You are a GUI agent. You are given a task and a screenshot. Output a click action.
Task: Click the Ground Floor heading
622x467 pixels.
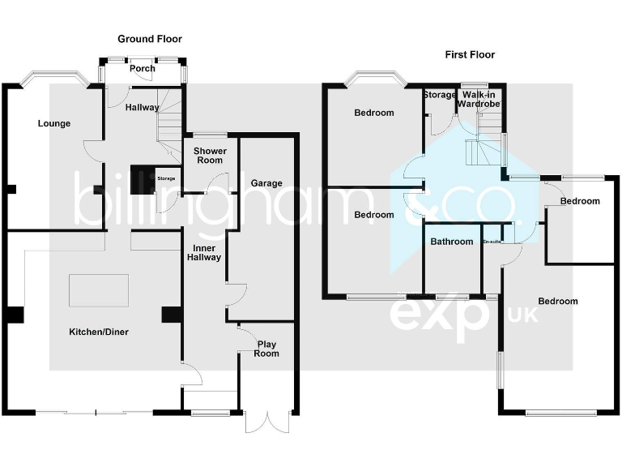pyautogui.click(x=150, y=39)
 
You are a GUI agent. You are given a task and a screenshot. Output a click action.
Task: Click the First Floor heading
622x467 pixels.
pyautogui.click(x=470, y=55)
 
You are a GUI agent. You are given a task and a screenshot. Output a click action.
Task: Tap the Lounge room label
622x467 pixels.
pyautogui.click(x=54, y=124)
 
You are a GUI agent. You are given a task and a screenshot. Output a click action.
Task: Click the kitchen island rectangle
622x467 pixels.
pyautogui.click(x=98, y=290)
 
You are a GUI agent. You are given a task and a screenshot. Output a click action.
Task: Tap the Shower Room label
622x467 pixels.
pyautogui.click(x=210, y=156)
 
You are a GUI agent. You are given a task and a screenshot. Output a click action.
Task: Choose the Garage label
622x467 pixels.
pyautogui.click(x=266, y=183)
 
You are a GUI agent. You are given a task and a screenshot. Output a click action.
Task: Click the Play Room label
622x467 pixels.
pyautogui.click(x=266, y=349)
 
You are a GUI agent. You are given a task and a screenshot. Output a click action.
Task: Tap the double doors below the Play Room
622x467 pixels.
pyautogui.click(x=266, y=422)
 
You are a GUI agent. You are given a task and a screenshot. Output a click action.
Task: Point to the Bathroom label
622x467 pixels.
pyautogui.click(x=451, y=242)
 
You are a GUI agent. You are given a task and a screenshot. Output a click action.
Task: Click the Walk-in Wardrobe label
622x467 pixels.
pyautogui.click(x=481, y=100)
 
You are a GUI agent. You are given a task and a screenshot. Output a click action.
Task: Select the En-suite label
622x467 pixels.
pyautogui.click(x=491, y=242)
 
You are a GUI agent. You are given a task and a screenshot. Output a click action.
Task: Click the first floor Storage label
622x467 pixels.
pyautogui.click(x=440, y=95)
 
